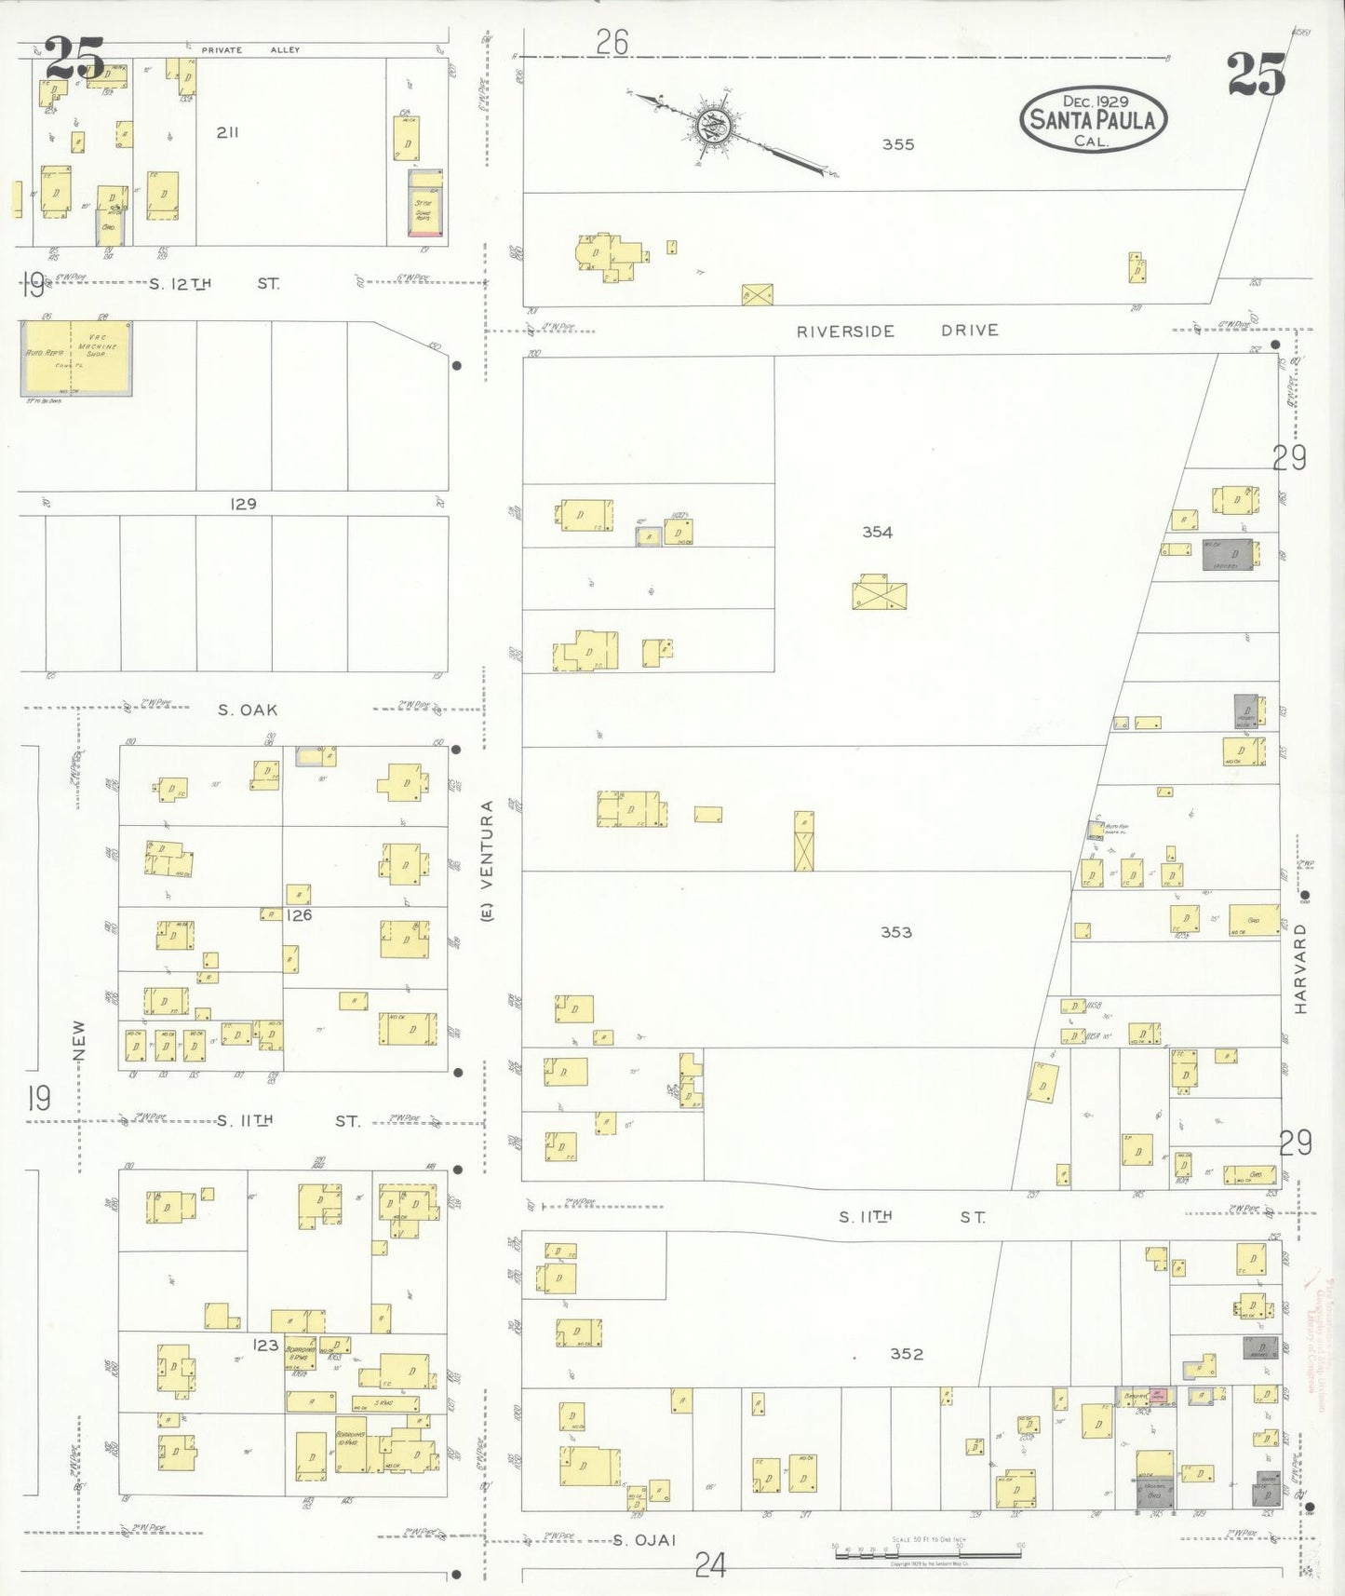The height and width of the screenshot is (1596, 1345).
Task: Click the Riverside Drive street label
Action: [x=896, y=331]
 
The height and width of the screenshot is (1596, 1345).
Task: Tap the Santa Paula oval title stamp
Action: [x=1093, y=119]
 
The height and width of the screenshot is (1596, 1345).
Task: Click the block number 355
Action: [x=898, y=144]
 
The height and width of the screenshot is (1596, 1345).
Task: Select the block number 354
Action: [x=877, y=532]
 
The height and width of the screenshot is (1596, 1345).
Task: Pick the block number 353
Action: [x=895, y=932]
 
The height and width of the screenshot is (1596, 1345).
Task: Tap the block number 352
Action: [x=906, y=1354]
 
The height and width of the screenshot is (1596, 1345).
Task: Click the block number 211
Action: [x=227, y=132]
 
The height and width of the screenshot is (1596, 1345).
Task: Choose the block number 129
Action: [x=243, y=504]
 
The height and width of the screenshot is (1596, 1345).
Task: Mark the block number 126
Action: [x=299, y=915]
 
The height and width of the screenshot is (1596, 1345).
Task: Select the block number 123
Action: [x=265, y=1345]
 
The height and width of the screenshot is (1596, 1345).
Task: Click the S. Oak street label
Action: [x=248, y=710]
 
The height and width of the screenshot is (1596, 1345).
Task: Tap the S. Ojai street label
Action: [x=643, y=1540]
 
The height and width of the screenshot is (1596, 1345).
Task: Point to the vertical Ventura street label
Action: [x=487, y=861]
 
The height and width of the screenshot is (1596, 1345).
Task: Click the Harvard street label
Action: [x=1300, y=968]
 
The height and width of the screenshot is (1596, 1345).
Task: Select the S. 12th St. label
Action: [x=214, y=283]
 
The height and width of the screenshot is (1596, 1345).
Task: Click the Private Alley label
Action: [x=250, y=49]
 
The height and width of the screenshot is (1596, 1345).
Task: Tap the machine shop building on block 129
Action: [x=76, y=358]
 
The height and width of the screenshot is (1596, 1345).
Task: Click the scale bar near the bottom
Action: [x=927, y=1553]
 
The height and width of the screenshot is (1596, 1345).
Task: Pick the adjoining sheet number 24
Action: [x=710, y=1566]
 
